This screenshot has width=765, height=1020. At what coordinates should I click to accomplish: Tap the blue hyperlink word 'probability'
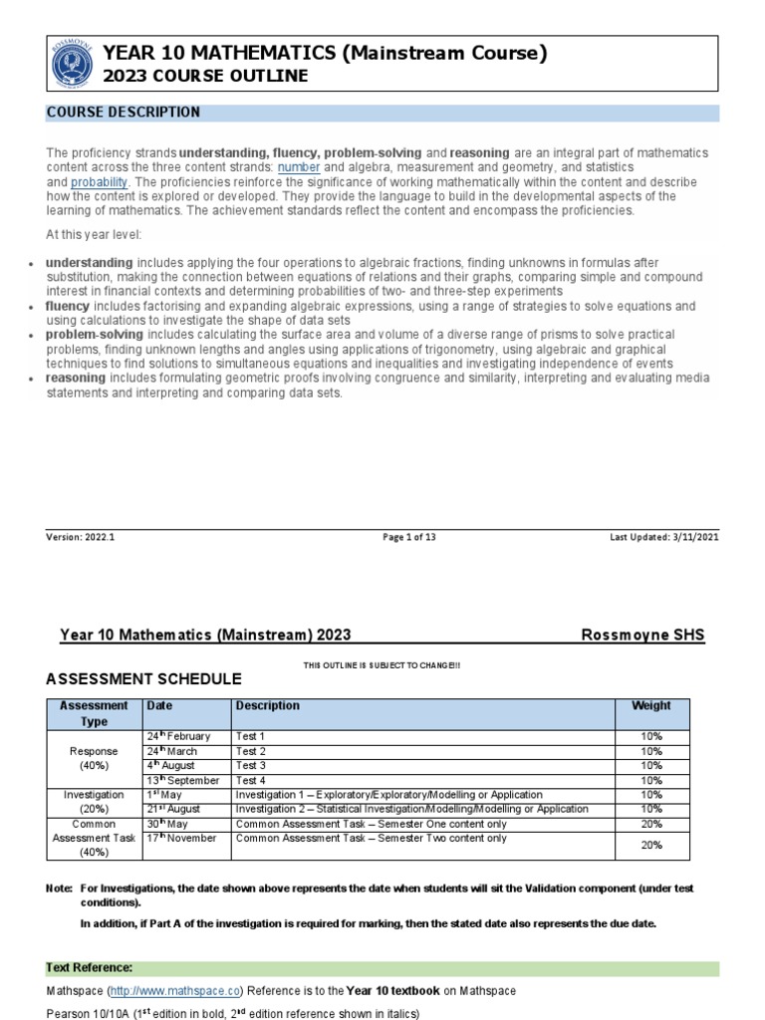[x=99, y=183]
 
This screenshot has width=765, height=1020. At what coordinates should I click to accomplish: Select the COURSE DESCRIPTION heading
[x=124, y=113]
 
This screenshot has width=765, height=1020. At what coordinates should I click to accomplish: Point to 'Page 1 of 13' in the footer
[x=409, y=537]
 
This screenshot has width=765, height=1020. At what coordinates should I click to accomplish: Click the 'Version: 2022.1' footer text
[x=81, y=537]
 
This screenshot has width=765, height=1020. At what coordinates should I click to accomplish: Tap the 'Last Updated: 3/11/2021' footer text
[x=663, y=537]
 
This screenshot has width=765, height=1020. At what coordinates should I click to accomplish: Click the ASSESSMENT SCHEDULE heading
[x=143, y=679]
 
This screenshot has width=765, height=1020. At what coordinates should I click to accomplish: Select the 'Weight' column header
[x=651, y=706]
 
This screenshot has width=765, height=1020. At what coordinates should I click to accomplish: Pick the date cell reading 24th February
[x=178, y=736]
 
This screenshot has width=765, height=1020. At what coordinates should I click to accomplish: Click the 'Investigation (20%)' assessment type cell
[x=94, y=803]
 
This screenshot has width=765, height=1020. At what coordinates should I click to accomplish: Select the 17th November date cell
[x=181, y=839]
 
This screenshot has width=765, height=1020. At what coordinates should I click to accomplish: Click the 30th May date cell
[x=168, y=824]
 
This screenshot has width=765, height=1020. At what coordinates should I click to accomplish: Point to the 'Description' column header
[x=267, y=706]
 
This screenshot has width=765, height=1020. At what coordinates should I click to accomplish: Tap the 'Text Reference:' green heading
[x=89, y=968]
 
